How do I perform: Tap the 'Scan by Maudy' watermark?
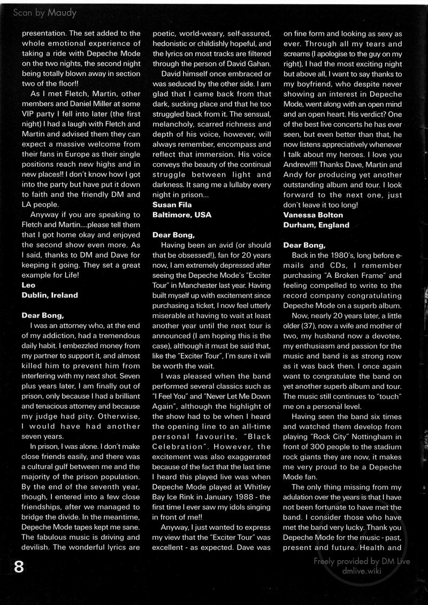[44, 12]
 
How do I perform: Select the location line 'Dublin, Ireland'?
[50, 294]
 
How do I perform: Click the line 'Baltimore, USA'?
[182, 214]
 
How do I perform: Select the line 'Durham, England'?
[316, 224]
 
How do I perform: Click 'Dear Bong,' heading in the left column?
[42, 315]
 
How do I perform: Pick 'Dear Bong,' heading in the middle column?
[173, 235]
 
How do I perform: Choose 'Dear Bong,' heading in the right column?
[304, 245]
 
